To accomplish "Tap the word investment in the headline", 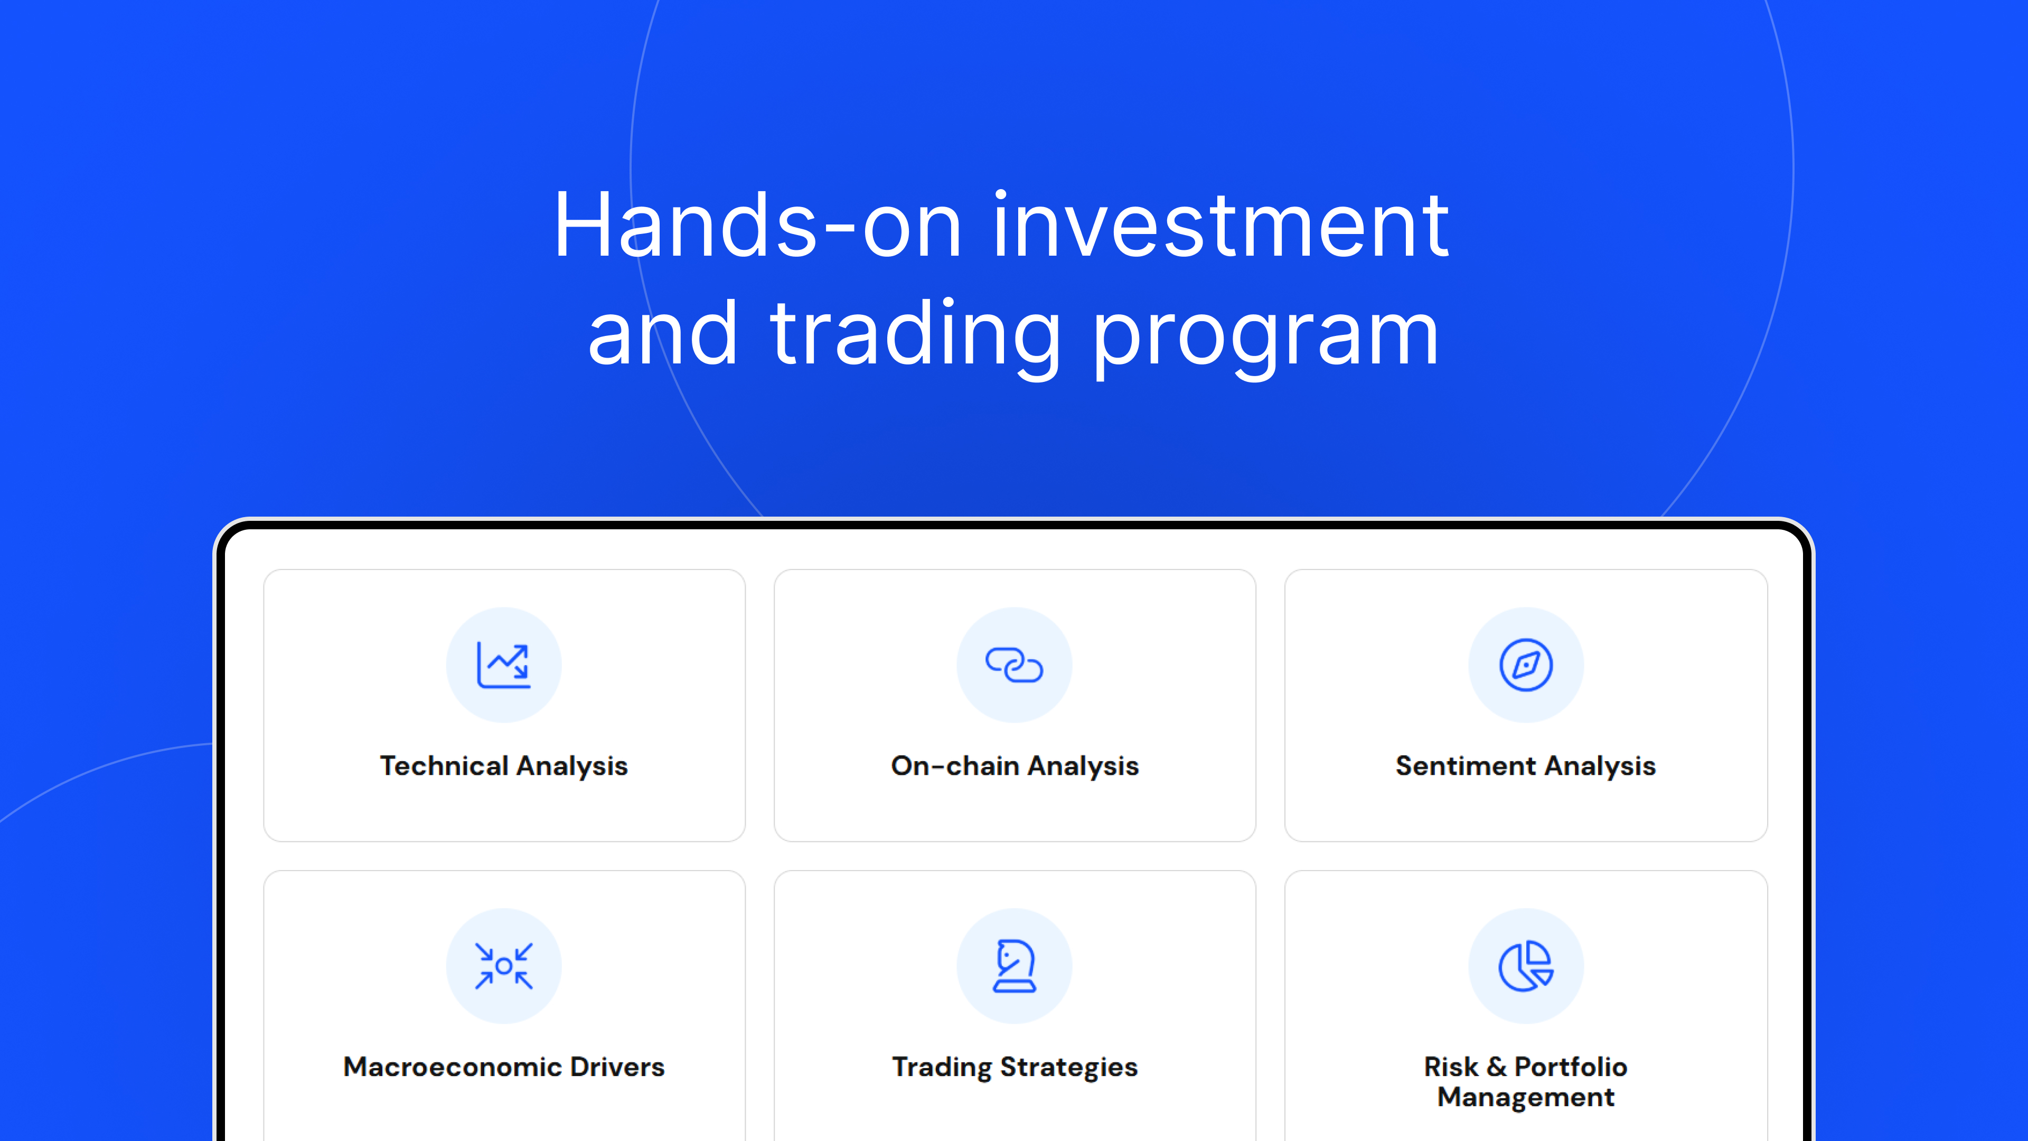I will point(1220,226).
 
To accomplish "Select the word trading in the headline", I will point(916,335).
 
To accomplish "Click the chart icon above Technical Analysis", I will point(504,666).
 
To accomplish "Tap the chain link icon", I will point(1014,666).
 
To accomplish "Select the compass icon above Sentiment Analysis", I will point(1526,666).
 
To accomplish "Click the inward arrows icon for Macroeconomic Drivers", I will point(504,966).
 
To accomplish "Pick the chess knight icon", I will point(1014,966).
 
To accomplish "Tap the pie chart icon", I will point(1526,966).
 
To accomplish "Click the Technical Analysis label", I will point(504,766).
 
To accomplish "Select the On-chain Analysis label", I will point(1014,766).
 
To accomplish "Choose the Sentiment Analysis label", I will point(1526,766).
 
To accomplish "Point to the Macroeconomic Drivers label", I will point(504,1067).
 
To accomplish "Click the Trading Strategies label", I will point(1014,1068).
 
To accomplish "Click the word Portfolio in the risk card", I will point(1571,1067).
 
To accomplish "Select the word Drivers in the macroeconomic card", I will point(617,1067).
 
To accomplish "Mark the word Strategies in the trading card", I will point(1068,1068).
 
